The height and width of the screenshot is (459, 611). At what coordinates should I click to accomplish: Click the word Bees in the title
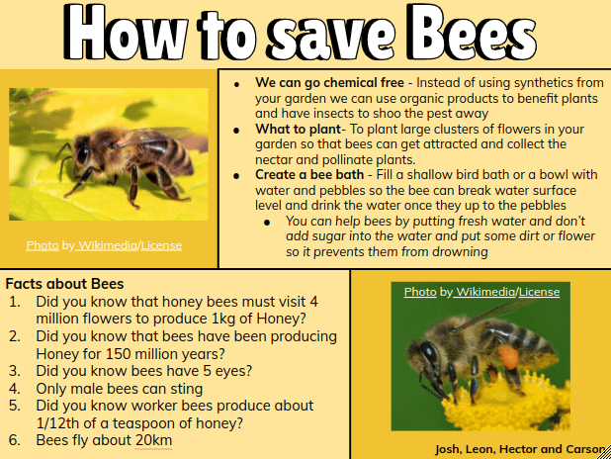click(x=465, y=33)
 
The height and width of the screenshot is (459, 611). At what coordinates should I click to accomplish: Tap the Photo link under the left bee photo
click(x=43, y=245)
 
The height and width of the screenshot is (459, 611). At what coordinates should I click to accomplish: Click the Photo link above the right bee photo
click(x=420, y=292)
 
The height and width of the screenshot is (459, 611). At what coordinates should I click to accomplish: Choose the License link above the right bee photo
click(x=539, y=292)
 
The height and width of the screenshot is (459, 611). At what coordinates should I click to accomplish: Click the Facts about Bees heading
click(x=64, y=285)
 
